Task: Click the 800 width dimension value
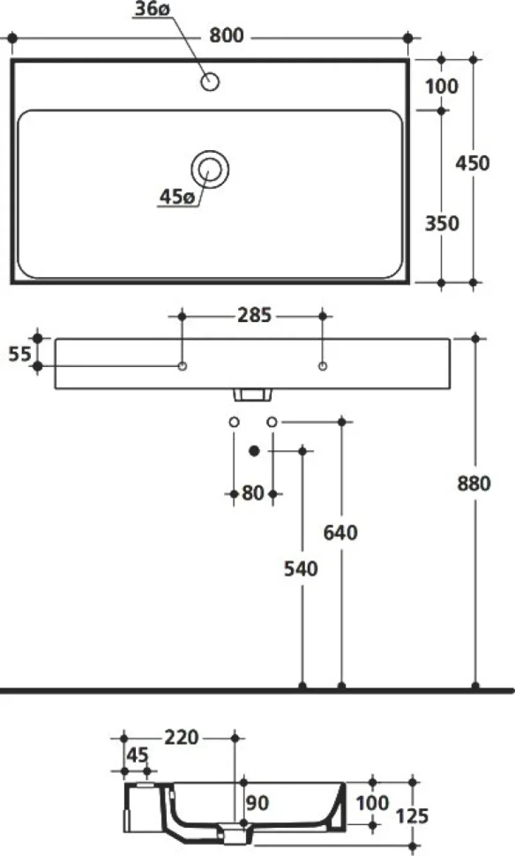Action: coord(227,36)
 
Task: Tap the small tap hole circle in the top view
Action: coord(210,82)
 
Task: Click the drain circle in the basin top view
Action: coord(210,169)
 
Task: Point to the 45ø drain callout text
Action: coord(176,197)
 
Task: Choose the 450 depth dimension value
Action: coord(473,162)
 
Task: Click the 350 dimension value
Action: coord(441,223)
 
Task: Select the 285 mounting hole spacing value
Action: coord(254,315)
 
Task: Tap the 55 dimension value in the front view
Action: coord(19,354)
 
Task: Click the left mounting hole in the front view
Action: coord(183,365)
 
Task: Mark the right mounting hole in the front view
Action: coord(323,365)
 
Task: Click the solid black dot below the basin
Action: coord(254,450)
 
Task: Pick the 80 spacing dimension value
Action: coord(253,493)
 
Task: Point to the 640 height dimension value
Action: coord(340,532)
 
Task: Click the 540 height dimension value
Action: coord(301,569)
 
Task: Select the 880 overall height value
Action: coord(474,483)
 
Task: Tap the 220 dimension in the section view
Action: coord(181,738)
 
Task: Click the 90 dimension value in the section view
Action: coord(257,802)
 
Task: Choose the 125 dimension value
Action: coord(412,816)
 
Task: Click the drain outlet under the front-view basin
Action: coord(252,394)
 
